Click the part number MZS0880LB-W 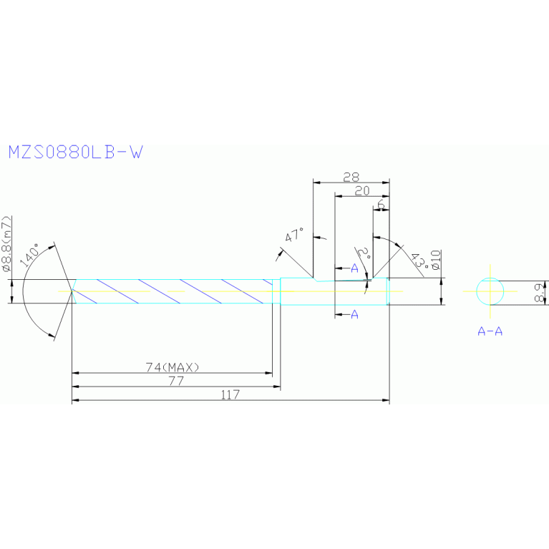point(74,152)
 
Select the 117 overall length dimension point(230,394)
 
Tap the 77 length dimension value point(176,381)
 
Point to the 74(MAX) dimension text point(172,367)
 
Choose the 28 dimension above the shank point(351,177)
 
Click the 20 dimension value point(361,190)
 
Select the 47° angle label point(294,235)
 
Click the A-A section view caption point(490,331)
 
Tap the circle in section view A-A point(490,291)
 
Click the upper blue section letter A point(354,268)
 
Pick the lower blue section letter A point(354,314)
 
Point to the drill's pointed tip point(72,291)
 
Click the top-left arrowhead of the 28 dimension point(315,183)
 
